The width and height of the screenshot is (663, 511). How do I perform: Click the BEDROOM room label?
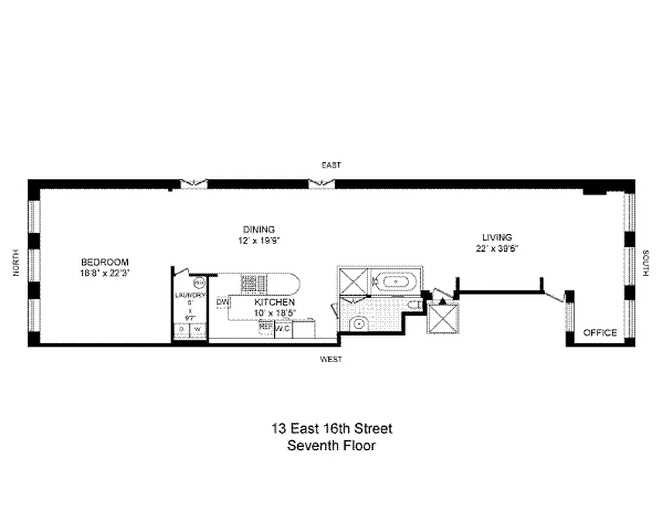pos(105,262)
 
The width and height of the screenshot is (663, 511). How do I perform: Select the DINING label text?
pos(258,229)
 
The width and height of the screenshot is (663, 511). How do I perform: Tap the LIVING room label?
pos(497,238)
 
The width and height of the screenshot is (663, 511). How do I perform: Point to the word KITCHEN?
pos(275,302)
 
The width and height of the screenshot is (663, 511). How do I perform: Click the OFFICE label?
pos(600,333)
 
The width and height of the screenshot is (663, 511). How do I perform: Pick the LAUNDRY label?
pos(191,295)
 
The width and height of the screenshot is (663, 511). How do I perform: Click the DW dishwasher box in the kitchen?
pos(222,302)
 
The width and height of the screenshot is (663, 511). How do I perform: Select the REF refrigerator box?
pos(266,328)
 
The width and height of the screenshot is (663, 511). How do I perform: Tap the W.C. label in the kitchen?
pos(283,328)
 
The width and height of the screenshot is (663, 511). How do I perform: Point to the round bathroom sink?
pos(359,324)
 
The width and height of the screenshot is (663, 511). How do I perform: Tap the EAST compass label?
pos(331,165)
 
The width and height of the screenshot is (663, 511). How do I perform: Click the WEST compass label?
pos(331,360)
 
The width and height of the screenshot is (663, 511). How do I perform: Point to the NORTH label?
pos(17,263)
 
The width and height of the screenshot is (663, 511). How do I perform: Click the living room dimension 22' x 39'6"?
pos(497,248)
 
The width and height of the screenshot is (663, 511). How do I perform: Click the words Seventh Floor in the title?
pos(331,446)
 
